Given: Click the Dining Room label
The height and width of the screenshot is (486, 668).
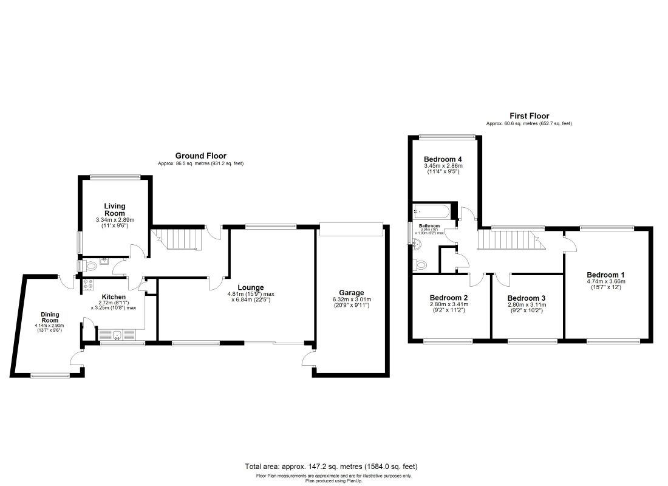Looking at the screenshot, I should [50, 317].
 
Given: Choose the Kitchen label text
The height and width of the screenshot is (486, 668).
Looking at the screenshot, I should [114, 297].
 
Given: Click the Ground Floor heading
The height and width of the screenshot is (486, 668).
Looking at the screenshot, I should [200, 156].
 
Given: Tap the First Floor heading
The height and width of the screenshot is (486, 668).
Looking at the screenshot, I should [529, 115].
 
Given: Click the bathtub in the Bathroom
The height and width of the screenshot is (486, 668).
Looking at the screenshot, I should [432, 213].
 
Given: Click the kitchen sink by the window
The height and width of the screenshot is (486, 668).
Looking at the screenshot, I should [112, 335].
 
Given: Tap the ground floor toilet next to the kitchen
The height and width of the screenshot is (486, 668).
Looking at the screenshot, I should [92, 265].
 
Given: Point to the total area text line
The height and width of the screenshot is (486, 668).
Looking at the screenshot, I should [331, 467].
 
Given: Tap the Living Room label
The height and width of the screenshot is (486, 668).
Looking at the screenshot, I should [114, 210].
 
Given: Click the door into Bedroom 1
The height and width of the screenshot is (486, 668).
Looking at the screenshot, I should [570, 244].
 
